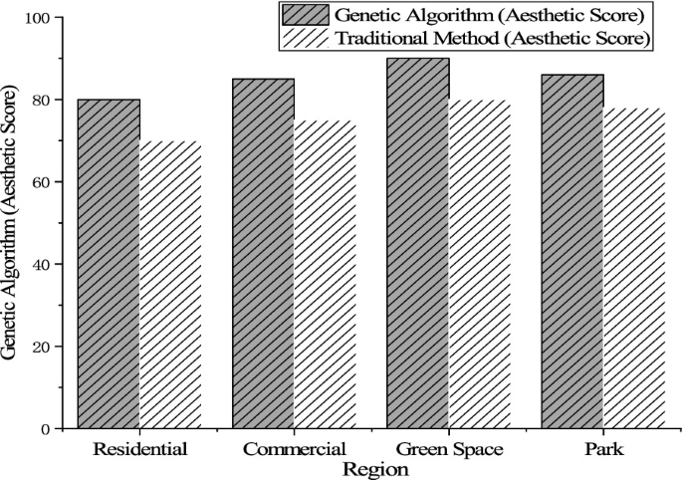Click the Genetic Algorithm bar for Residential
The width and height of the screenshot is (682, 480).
(x=109, y=264)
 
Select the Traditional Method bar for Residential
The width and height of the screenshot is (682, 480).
(x=170, y=285)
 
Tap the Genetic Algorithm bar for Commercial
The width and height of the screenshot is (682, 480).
(x=263, y=254)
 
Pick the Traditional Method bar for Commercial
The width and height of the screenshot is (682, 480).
(x=325, y=275)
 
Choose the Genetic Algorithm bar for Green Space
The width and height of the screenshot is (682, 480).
(x=417, y=243)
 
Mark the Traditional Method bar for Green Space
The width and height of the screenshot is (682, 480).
(x=479, y=264)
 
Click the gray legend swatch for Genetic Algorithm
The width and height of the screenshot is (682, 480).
(x=306, y=15)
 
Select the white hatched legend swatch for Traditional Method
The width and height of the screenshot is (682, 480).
(x=306, y=39)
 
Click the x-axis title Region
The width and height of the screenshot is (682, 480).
(x=371, y=468)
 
